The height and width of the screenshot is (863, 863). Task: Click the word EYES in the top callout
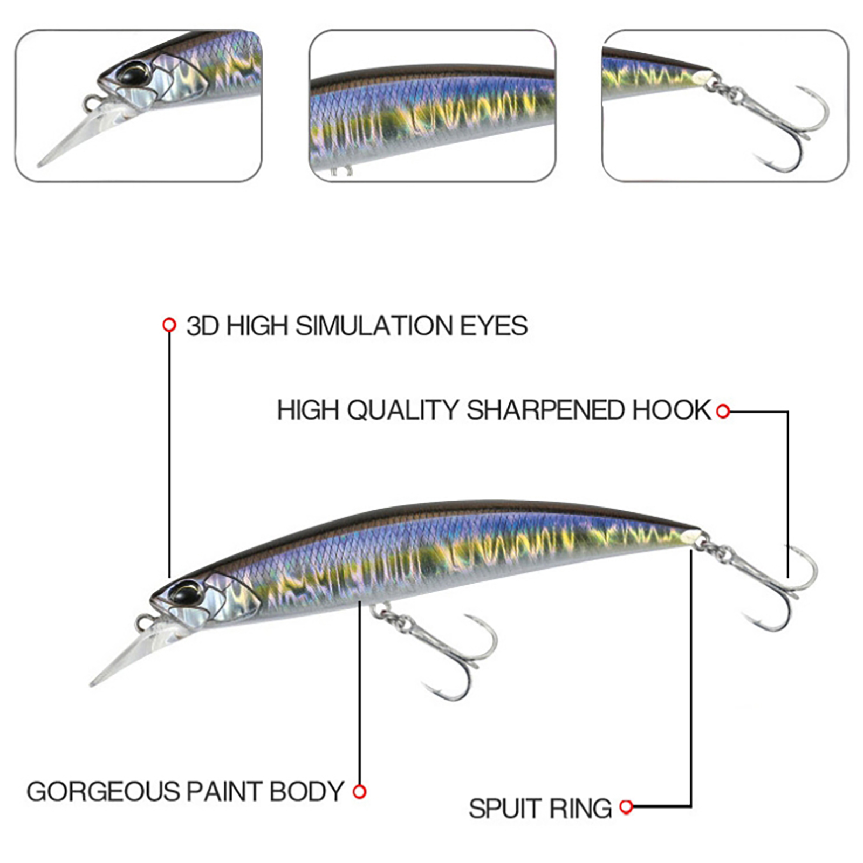[494, 326]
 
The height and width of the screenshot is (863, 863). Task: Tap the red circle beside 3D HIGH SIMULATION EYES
[169, 325]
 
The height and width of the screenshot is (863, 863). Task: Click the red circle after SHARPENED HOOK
[723, 412]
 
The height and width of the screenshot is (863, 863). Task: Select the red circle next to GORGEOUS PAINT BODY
[360, 792]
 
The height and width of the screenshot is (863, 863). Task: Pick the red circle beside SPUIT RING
[626, 807]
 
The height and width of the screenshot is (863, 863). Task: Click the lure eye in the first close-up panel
[131, 74]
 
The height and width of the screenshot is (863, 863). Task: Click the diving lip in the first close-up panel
[81, 135]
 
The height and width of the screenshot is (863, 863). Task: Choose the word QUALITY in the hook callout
[402, 410]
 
